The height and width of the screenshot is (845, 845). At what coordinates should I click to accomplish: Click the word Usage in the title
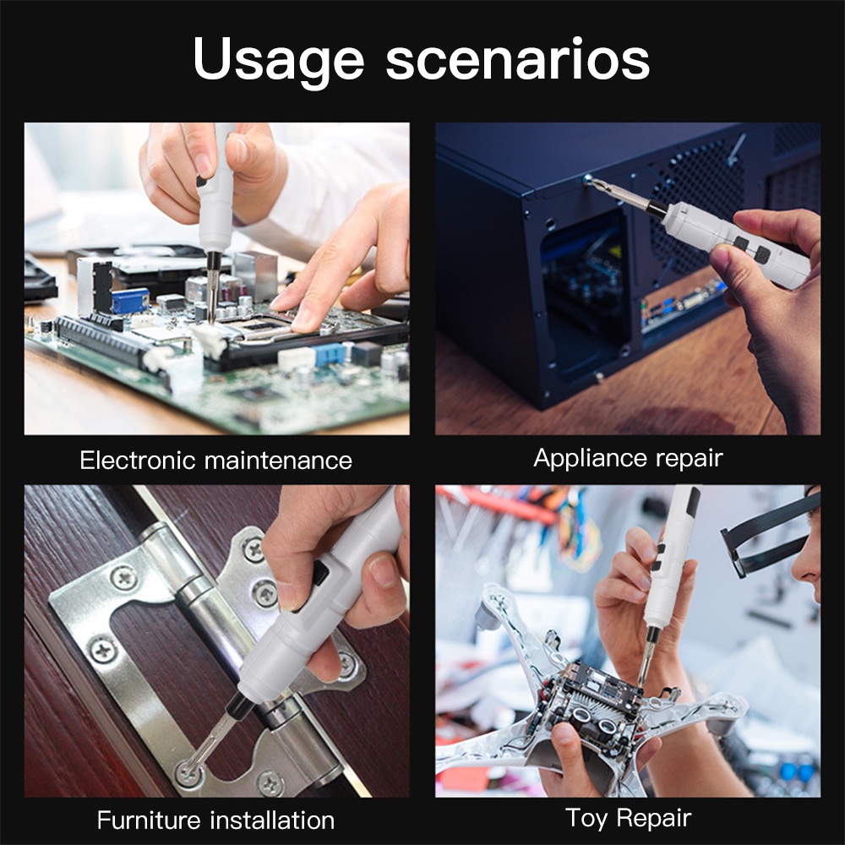(279, 59)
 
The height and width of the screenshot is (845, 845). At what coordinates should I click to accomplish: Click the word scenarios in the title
(518, 59)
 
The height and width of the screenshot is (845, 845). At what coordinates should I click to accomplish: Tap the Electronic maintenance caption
(215, 461)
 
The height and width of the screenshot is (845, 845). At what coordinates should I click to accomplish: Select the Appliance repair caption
(628, 458)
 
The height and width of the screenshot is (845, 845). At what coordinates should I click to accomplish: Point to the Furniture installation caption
(215, 820)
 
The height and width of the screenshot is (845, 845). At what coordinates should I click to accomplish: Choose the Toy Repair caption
(628, 817)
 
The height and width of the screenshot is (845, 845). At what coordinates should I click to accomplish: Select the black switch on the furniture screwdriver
(319, 575)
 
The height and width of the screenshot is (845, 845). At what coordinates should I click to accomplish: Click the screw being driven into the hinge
(190, 769)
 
